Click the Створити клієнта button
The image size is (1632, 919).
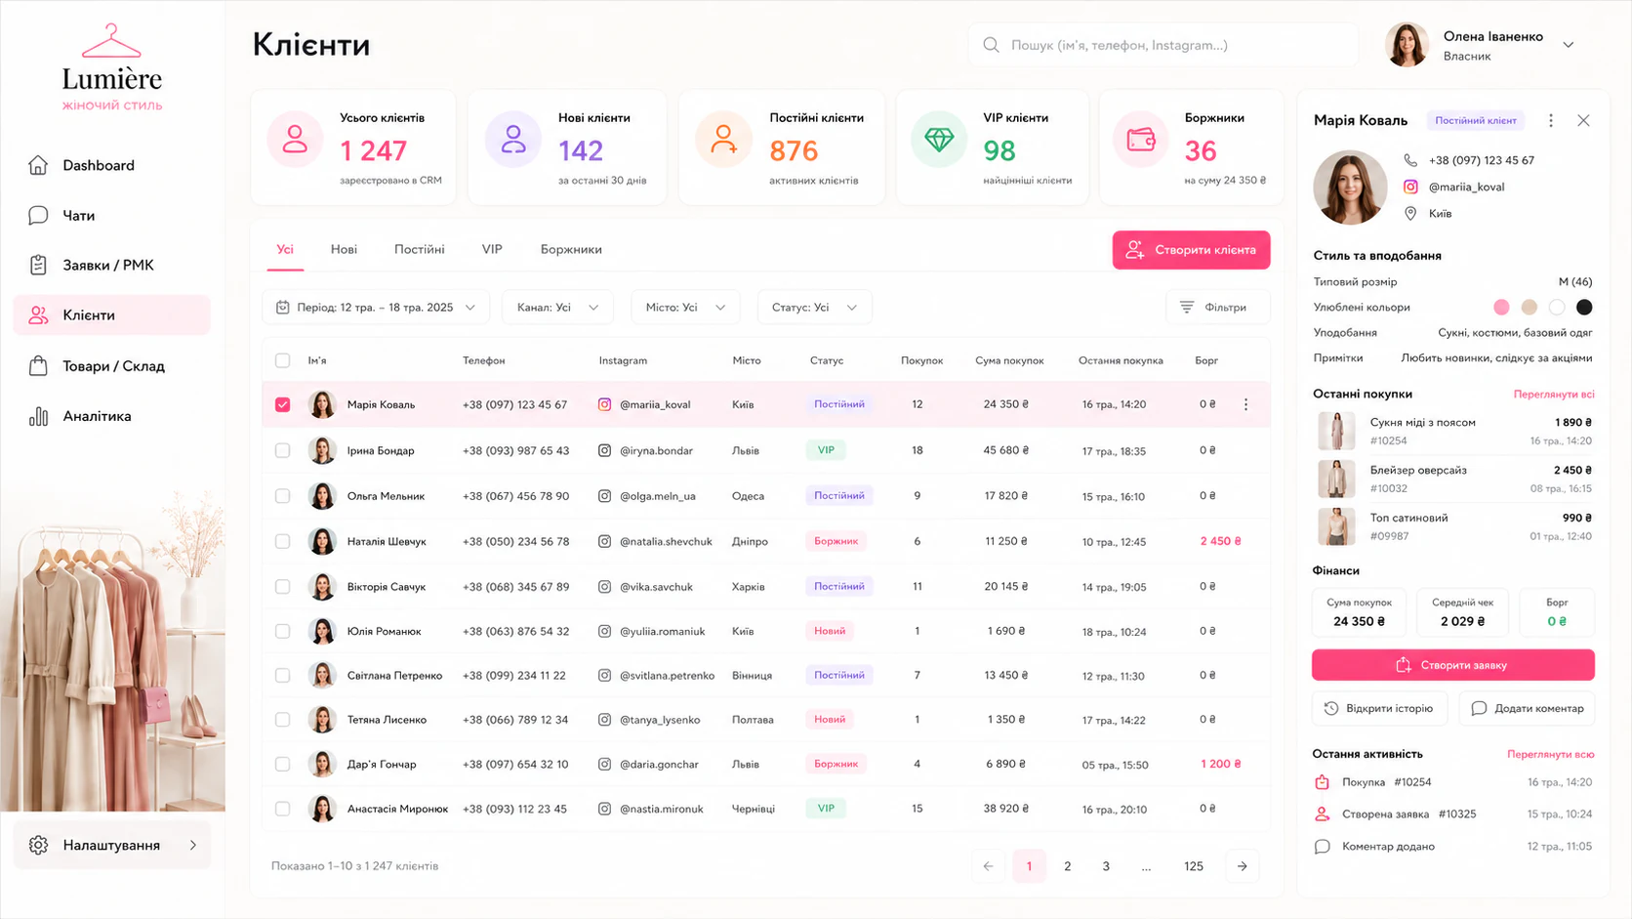pyautogui.click(x=1191, y=250)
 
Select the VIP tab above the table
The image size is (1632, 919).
pyautogui.click(x=492, y=249)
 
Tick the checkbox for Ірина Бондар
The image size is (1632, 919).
pyautogui.click(x=283, y=450)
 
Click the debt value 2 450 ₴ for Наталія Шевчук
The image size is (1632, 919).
pyautogui.click(x=1220, y=541)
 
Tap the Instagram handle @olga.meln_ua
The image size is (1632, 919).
pyautogui.click(x=657, y=496)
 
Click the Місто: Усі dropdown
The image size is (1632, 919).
pyautogui.click(x=685, y=308)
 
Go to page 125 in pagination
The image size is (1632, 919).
pyautogui.click(x=1194, y=866)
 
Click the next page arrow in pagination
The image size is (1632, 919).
pyautogui.click(x=1243, y=866)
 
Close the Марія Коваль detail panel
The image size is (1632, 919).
pyautogui.click(x=1583, y=120)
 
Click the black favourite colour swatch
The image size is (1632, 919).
pyautogui.click(x=1584, y=308)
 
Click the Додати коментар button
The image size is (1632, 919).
pyautogui.click(x=1527, y=708)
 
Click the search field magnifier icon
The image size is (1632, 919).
pyautogui.click(x=991, y=45)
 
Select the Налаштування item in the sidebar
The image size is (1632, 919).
pyautogui.click(x=112, y=846)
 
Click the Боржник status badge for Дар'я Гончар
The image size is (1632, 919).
pyautogui.click(x=836, y=764)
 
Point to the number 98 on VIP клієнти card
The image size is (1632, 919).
pyautogui.click(x=999, y=150)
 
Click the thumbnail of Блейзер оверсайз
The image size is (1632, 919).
pyautogui.click(x=1336, y=479)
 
